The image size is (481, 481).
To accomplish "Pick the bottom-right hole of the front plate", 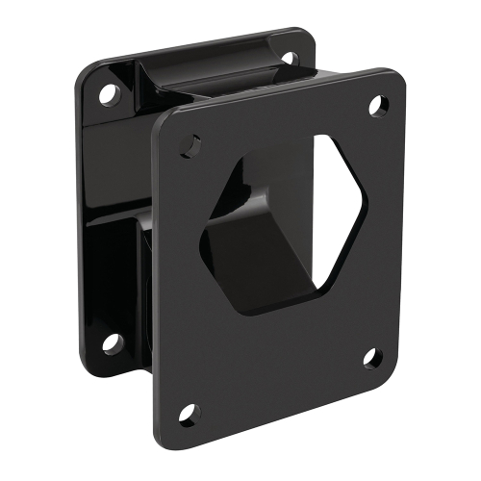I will [372, 358].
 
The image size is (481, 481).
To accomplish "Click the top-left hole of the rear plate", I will [109, 94].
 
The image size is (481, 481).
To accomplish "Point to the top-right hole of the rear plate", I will [287, 59].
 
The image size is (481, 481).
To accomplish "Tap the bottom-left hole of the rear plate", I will [113, 342].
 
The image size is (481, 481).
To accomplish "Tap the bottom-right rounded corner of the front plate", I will [390, 370].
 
